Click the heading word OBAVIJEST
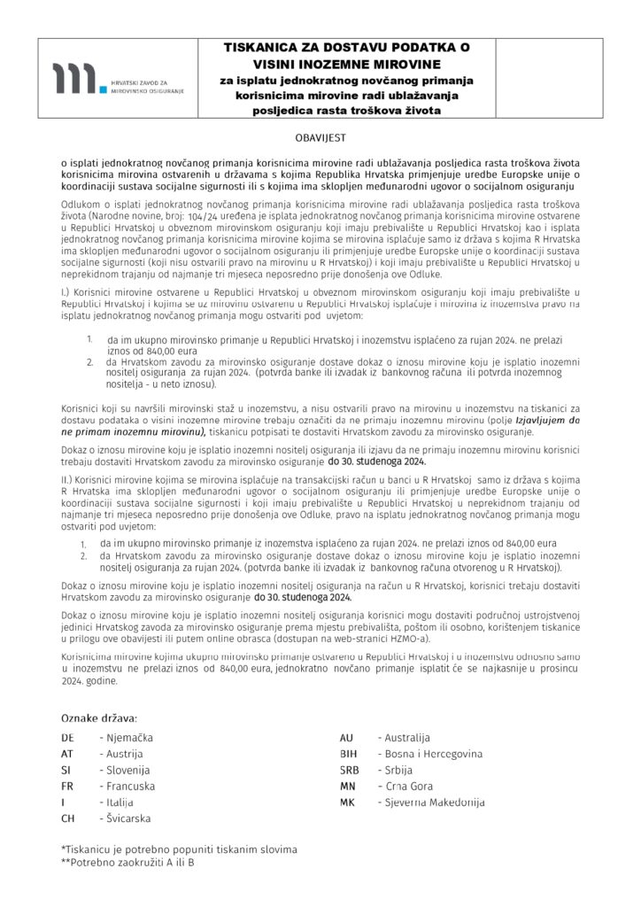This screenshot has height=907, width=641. [320, 139]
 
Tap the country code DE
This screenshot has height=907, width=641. [67, 737]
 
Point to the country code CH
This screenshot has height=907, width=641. [67, 818]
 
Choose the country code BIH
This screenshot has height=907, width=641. [348, 753]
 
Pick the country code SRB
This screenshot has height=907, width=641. [349, 770]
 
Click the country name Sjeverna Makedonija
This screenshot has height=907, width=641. [430, 802]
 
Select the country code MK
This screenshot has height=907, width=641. [347, 802]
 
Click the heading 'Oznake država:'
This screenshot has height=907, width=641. [98, 716]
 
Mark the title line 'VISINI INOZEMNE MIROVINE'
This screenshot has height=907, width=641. [346, 65]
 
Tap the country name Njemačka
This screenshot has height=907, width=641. [129, 737]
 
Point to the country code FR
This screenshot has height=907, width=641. [66, 786]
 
